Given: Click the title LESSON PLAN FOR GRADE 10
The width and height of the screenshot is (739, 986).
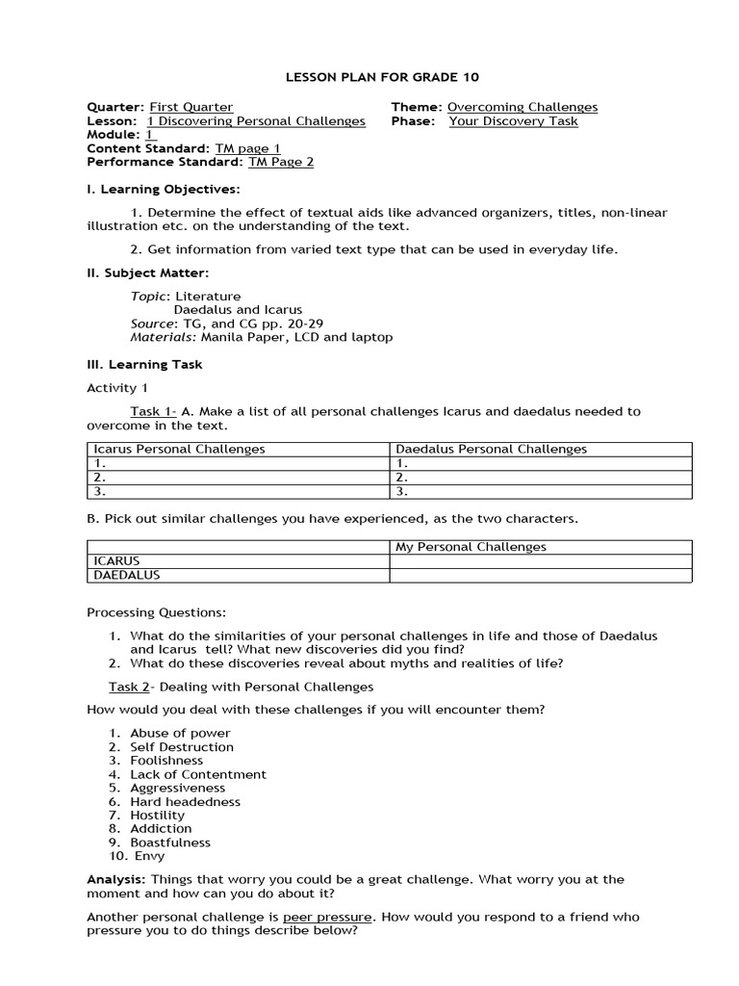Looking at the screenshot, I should (x=369, y=77).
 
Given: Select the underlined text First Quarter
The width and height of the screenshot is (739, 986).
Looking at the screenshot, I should (x=191, y=107).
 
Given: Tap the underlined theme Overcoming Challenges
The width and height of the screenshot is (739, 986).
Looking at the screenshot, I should (x=522, y=107).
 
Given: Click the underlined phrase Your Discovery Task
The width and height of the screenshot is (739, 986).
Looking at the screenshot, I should (x=513, y=121).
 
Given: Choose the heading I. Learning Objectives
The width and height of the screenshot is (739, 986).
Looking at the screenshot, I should (x=164, y=189).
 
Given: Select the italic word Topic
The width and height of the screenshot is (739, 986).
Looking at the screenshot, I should (x=149, y=296).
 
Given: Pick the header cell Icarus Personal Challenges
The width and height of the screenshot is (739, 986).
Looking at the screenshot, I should (x=179, y=449).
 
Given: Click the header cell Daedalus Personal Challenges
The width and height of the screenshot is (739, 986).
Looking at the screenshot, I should (x=491, y=449).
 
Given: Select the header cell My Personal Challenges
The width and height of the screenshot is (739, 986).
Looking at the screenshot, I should (x=471, y=547).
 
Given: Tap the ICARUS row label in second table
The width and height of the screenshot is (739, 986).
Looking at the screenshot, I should (x=116, y=561).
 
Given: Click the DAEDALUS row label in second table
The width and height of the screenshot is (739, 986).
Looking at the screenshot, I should (x=126, y=575).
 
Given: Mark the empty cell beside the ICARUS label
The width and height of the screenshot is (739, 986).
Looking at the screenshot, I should (x=540, y=561).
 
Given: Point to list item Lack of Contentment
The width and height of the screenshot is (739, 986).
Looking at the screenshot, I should (x=198, y=774).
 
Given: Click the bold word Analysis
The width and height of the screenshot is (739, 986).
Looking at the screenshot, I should (x=116, y=879).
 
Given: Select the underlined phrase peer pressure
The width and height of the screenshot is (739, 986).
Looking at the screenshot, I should (x=327, y=917).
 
